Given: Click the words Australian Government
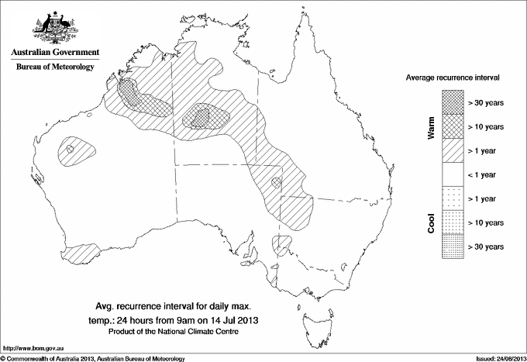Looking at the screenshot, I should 54,53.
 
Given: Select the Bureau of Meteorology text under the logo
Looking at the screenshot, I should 54,67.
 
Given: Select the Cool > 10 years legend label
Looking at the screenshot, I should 486,222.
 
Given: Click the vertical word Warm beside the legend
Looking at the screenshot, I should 432,126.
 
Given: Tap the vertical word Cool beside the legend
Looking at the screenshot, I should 432,222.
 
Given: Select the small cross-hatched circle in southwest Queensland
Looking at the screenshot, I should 277,183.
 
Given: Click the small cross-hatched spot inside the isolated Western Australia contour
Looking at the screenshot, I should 71,148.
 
